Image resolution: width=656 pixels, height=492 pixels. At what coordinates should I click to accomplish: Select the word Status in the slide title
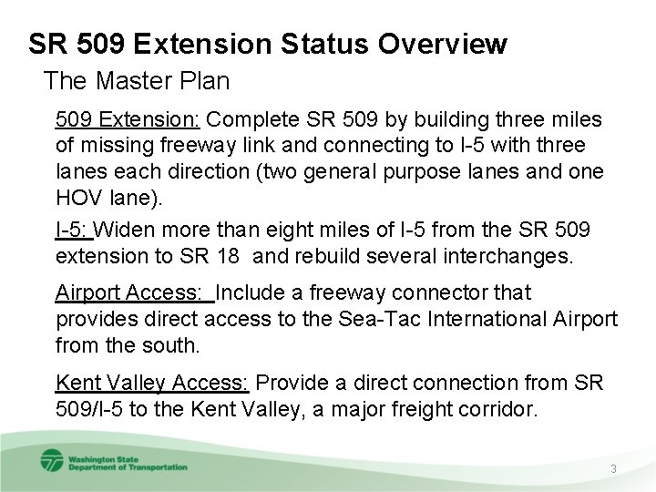click(x=303, y=43)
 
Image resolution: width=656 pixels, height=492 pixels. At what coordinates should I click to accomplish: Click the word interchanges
click(x=503, y=256)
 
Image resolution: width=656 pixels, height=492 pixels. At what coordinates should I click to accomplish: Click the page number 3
click(x=614, y=468)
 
